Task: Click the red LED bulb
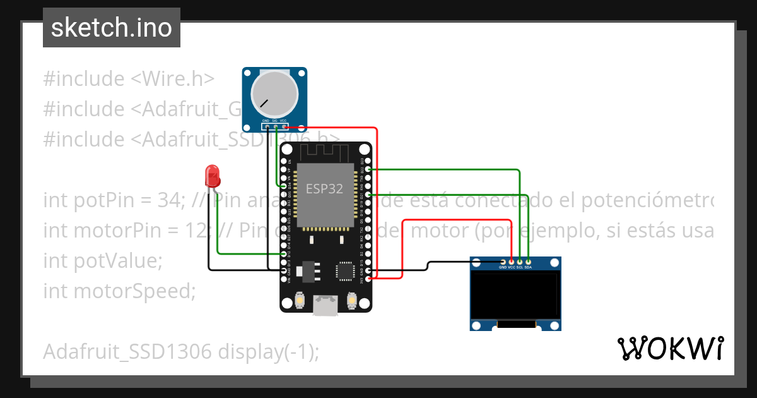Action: tap(213, 174)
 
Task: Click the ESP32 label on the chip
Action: tap(325, 188)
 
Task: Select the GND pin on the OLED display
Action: tap(503, 262)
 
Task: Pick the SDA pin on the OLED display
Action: tap(528, 262)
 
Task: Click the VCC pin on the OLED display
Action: tap(512, 262)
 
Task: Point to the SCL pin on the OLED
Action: tap(520, 262)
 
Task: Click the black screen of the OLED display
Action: tap(515, 295)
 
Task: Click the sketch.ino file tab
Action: tap(112, 28)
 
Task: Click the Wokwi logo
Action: tap(670, 348)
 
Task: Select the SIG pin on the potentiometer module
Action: tap(275, 126)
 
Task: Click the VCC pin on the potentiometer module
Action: tap(284, 126)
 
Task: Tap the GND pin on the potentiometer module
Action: tap(267, 126)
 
